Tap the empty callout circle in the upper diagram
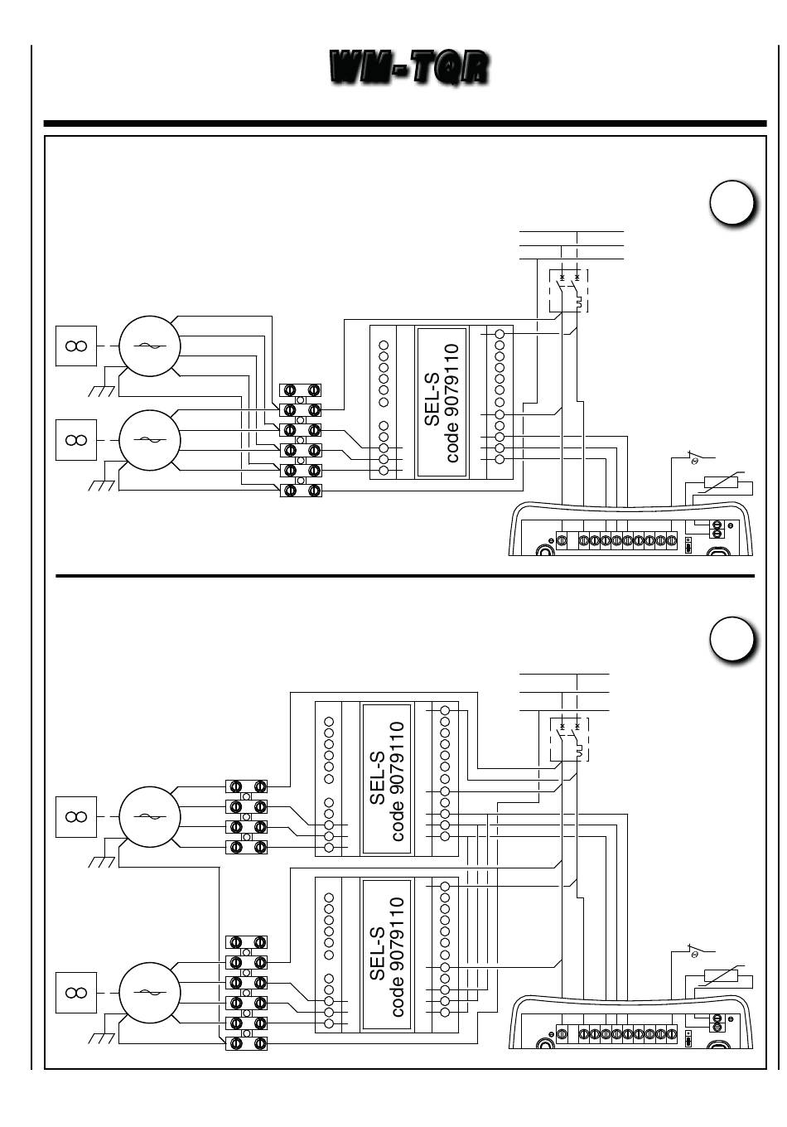[x=731, y=203]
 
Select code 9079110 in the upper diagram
[x=452, y=403]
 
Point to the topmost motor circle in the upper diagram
[x=149, y=346]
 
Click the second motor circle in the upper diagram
[x=149, y=440]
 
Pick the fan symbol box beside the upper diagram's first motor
[x=76, y=346]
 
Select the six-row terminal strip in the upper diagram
[x=301, y=440]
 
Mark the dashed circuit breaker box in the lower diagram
[x=569, y=739]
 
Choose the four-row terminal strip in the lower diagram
[x=246, y=816]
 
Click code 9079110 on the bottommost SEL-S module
[x=398, y=957]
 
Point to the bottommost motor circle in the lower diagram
[x=149, y=993]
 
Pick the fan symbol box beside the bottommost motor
[x=76, y=993]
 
